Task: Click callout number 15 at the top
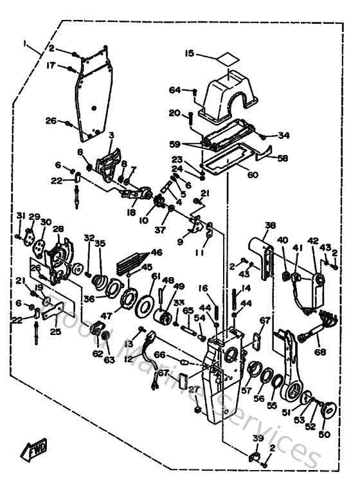tap(190, 54)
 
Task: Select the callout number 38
tap(270, 226)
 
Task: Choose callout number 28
tap(59, 230)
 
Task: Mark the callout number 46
tap(156, 253)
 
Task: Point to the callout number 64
tap(175, 90)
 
